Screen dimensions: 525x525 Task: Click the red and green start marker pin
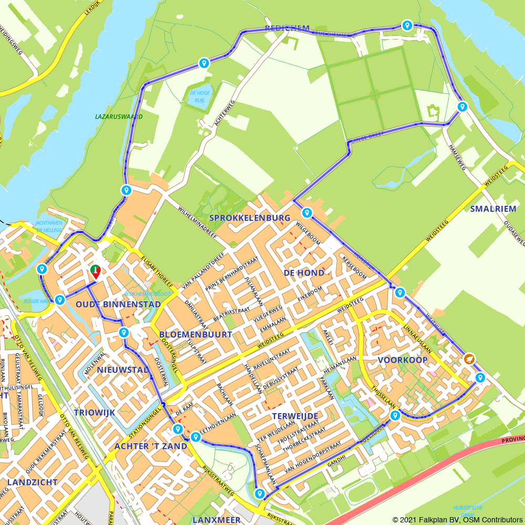click(x=96, y=271)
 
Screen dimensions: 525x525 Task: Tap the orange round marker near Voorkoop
click(x=469, y=359)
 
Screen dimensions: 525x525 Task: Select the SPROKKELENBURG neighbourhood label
click(x=249, y=217)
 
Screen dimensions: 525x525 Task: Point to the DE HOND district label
click(x=304, y=273)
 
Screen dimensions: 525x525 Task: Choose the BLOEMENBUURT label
click(x=195, y=334)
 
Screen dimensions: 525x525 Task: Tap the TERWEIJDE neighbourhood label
click(x=295, y=416)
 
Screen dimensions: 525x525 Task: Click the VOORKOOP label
click(x=403, y=360)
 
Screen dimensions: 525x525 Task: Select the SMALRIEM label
click(x=493, y=208)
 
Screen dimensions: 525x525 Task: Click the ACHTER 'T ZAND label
click(x=151, y=446)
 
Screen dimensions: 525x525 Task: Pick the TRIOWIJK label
click(x=94, y=412)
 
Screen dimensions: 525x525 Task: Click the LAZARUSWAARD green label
click(x=119, y=117)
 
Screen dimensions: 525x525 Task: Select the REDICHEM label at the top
click(x=287, y=28)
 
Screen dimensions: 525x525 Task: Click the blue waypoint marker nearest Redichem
click(x=407, y=25)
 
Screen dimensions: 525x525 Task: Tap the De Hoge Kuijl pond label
click(x=199, y=97)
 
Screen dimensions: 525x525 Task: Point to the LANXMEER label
click(x=216, y=519)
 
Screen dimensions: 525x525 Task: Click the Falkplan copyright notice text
click(x=457, y=519)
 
